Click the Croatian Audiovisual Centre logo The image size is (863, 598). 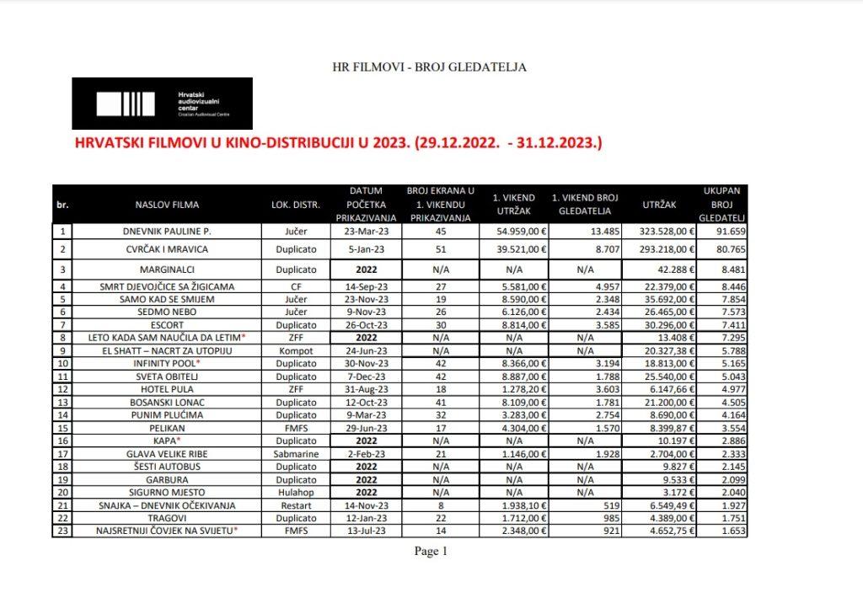coord(162,103)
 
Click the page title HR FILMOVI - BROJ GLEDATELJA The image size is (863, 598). coord(430,67)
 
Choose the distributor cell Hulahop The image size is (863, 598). coord(292,491)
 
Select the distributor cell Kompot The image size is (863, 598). coord(292,350)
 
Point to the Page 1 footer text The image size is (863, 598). coord(431,552)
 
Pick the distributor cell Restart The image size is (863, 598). coord(292,505)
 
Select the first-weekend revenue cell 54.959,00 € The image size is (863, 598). coord(514,231)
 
